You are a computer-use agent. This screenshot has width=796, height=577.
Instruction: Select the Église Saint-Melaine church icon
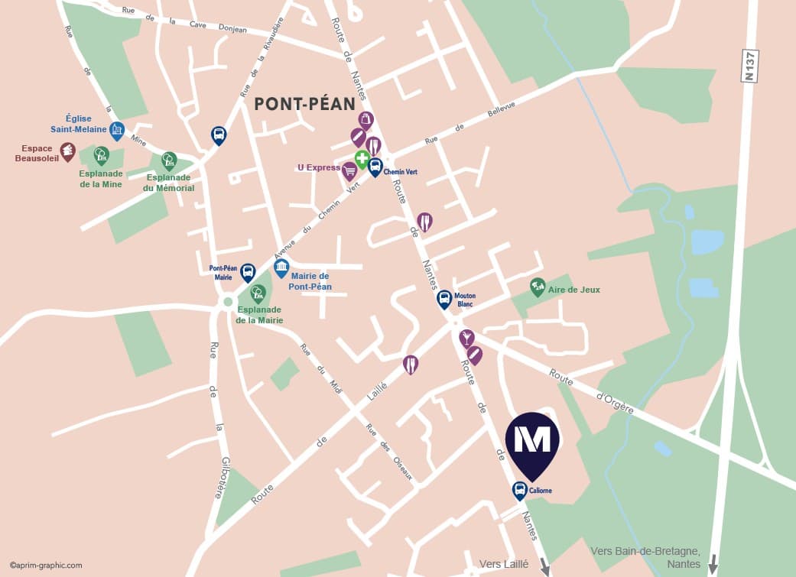pos(117,131)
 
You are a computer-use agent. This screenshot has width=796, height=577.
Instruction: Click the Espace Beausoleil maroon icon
pos(68,151)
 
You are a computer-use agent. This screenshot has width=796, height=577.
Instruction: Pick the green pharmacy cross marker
pos(362,159)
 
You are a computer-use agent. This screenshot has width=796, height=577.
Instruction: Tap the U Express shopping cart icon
pos(349,170)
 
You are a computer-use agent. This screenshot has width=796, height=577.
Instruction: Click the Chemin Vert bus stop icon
pos(375,167)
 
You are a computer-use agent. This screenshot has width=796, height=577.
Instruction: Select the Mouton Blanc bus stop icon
pos(444,298)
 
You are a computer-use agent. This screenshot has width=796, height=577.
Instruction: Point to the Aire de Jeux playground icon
pos(538,287)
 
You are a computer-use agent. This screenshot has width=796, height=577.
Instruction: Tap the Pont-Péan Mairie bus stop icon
pos(248,272)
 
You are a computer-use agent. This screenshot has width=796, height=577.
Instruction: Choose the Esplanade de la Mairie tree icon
pos(258,293)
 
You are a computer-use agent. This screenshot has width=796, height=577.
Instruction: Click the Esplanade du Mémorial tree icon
pos(169,160)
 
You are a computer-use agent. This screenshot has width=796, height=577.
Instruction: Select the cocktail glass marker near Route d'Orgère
pos(466,338)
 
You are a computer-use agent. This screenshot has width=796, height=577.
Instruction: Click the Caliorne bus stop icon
pos(519,490)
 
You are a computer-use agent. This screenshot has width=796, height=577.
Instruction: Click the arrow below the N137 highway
pos(713,565)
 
